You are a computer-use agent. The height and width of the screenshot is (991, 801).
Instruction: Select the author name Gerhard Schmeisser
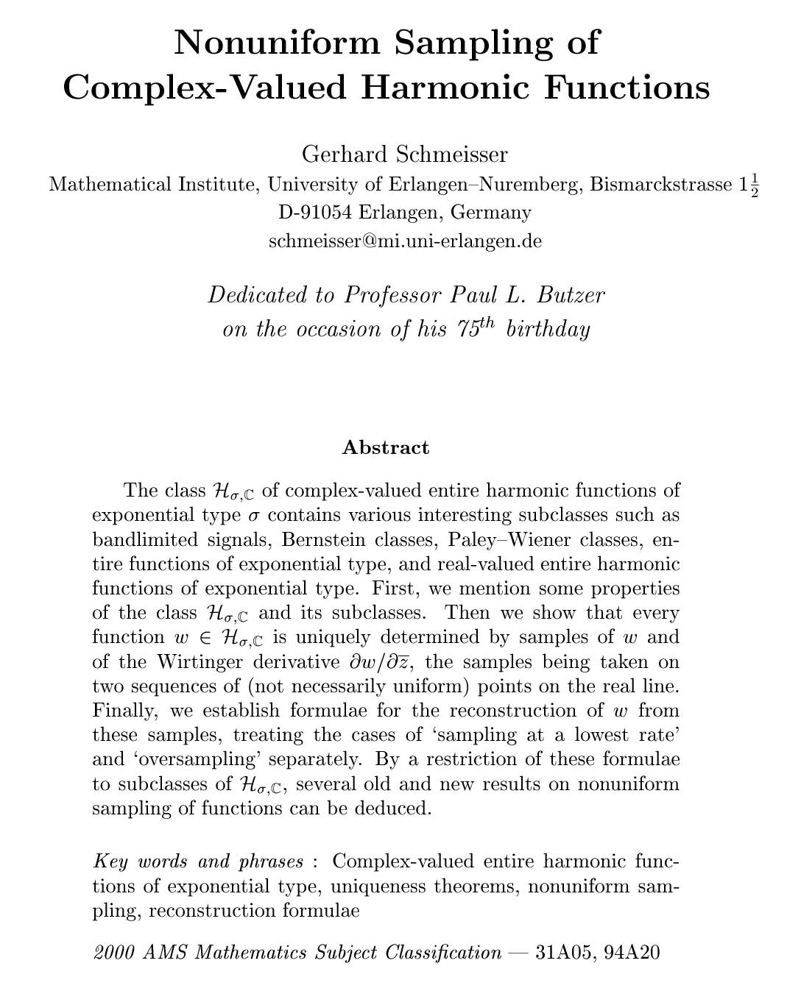tap(405, 154)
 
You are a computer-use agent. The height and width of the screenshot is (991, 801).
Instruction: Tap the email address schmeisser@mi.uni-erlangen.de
tap(405, 241)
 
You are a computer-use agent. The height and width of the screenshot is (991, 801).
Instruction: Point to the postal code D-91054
tap(315, 213)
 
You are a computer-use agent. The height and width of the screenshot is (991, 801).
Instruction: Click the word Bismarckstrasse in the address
tap(661, 185)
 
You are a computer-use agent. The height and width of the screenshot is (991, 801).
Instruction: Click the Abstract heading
tap(386, 447)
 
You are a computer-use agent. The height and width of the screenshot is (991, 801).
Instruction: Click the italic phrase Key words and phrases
tap(199, 862)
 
